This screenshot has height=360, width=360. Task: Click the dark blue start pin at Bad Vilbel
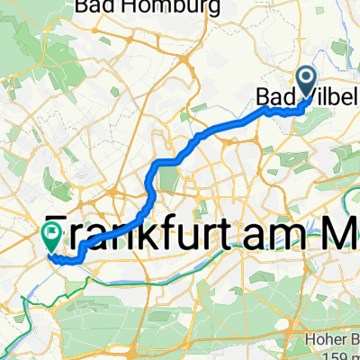click(306, 83)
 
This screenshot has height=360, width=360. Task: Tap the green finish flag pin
click(51, 236)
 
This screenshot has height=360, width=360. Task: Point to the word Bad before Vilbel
click(276, 94)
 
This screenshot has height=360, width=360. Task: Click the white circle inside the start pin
click(306, 79)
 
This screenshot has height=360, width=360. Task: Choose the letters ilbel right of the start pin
click(335, 94)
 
